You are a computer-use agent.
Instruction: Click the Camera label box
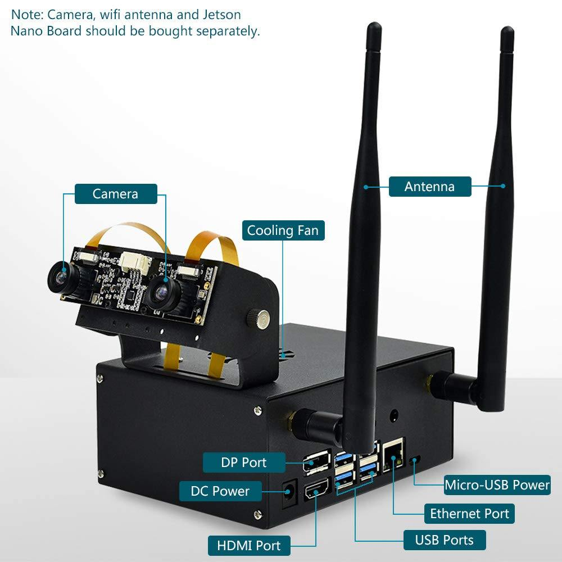[x=115, y=194]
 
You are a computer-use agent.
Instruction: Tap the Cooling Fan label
[x=283, y=230]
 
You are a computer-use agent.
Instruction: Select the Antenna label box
[x=429, y=187]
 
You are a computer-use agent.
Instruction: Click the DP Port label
[x=243, y=463]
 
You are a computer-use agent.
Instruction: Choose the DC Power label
[x=220, y=491]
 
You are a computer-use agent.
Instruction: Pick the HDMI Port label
[x=248, y=545]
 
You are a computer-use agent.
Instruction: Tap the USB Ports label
[x=444, y=540]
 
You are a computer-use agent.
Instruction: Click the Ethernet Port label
[x=469, y=513]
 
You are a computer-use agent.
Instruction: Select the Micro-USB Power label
[x=497, y=484]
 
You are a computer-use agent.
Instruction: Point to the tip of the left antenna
[x=373, y=28]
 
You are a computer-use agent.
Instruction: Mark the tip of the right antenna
[x=507, y=32]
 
